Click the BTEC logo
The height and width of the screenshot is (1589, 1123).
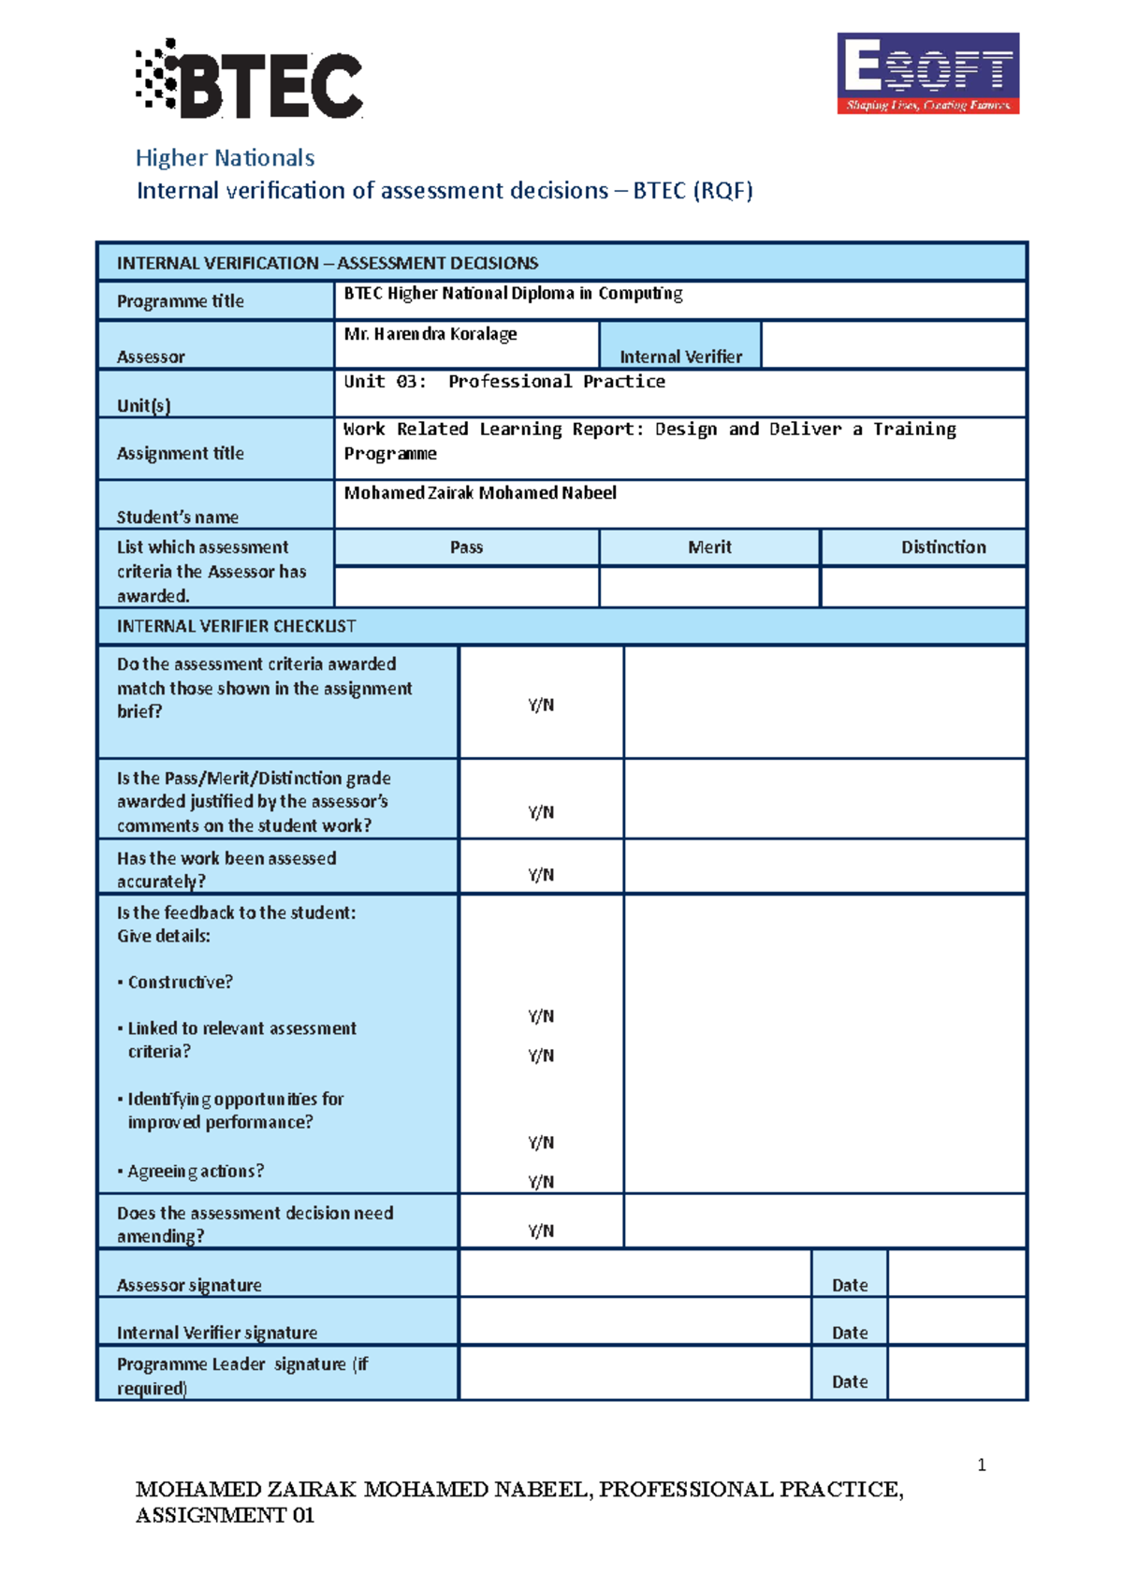[x=250, y=79]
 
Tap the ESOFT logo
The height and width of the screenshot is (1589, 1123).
[x=927, y=74]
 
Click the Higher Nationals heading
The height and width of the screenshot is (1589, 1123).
[x=225, y=158]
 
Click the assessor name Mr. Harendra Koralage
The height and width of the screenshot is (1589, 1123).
[x=430, y=334]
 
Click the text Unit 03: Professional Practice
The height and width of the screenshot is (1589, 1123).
[x=503, y=382]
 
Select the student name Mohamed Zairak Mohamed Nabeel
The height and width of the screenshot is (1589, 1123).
[x=479, y=493]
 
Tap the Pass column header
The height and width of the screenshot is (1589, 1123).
[x=466, y=547]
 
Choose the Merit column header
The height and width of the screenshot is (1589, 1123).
[x=709, y=547]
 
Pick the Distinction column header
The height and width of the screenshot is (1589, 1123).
[x=942, y=547]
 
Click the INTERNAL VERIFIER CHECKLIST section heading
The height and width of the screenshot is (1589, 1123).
[x=236, y=626]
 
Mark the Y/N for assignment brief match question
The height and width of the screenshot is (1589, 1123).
[x=541, y=706]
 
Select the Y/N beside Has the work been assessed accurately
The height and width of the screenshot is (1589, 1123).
[x=541, y=875]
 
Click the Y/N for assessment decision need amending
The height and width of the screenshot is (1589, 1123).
[x=541, y=1231]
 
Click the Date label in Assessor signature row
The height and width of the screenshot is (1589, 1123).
[x=850, y=1285]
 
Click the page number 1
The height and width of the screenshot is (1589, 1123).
[x=981, y=1465]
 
